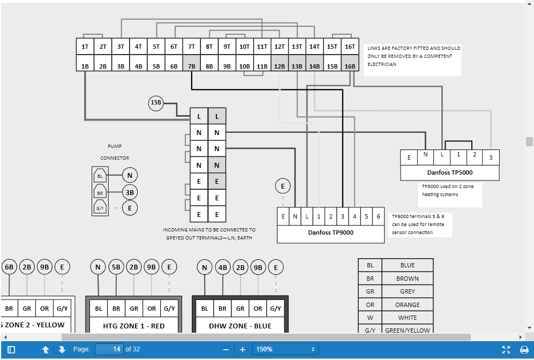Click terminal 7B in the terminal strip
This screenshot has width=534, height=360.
click(191, 63)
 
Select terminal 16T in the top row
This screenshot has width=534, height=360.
click(350, 46)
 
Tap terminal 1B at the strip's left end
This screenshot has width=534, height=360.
click(85, 63)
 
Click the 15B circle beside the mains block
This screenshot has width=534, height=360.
click(156, 103)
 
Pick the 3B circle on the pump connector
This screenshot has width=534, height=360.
click(130, 192)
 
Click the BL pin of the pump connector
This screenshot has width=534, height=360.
click(100, 176)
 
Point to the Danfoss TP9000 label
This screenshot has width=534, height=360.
click(330, 232)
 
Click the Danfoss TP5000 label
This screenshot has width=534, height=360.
click(450, 172)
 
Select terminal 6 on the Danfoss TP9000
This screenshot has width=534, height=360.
click(378, 216)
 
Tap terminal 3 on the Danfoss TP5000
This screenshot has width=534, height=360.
click(491, 157)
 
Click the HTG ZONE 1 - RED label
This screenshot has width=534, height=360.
click(134, 326)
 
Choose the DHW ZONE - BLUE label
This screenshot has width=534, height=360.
click(240, 326)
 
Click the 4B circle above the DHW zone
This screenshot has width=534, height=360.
click(223, 267)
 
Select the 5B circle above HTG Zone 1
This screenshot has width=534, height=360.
click(116, 267)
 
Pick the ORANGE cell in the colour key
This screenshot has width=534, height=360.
click(408, 305)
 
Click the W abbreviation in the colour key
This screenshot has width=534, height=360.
click(370, 318)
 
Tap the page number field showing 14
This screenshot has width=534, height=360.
click(109, 349)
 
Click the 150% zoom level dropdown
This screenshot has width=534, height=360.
click(285, 349)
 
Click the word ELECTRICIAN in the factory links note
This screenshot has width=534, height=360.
click(382, 64)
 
